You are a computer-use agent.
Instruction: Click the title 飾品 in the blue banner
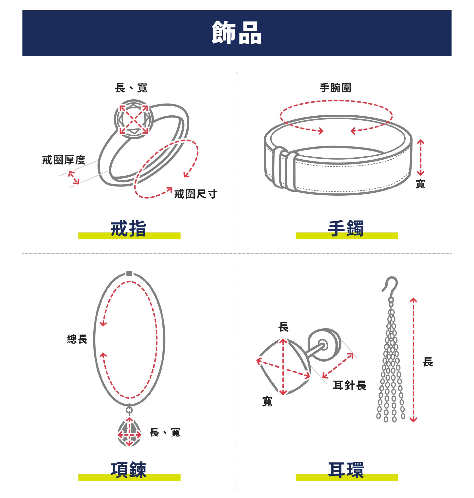237,33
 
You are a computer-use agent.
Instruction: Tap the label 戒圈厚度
64,160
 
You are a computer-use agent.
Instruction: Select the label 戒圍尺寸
196,194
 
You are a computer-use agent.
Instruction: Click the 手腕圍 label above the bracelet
336,88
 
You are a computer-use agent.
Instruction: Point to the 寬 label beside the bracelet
420,184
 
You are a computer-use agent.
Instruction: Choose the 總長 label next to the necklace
77,339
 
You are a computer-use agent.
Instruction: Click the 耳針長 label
350,385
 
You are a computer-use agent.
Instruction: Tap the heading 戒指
129,228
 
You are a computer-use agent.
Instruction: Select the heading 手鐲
346,228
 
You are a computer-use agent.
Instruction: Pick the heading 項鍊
129,470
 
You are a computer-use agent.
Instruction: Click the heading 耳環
346,470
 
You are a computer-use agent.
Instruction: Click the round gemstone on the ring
134,119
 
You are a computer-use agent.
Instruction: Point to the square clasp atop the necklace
129,273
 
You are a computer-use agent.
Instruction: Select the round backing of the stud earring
324,345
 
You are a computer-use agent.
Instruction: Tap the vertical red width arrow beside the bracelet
420,157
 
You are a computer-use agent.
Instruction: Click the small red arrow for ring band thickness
74,177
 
